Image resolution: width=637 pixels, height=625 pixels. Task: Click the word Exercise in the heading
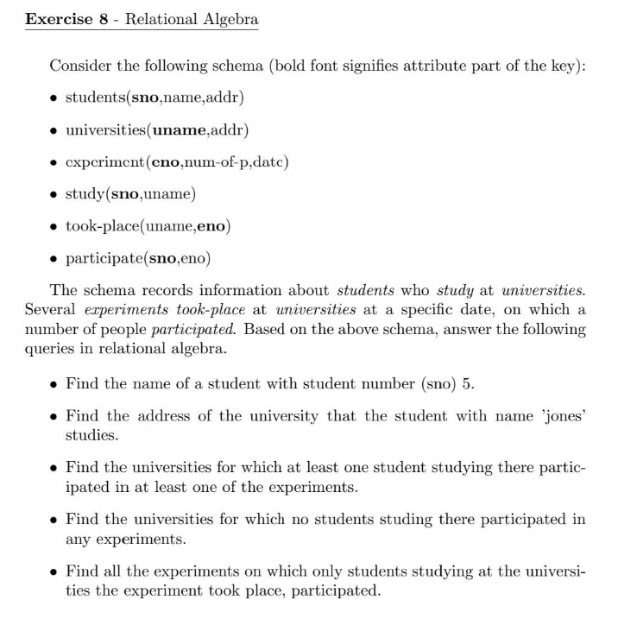58,19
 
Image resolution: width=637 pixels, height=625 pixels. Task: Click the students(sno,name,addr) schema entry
155,98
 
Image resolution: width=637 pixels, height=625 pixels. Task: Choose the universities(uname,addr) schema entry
158,130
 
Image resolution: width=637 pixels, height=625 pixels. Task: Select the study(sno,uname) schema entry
130,194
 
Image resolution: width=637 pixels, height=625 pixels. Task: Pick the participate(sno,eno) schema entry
138,258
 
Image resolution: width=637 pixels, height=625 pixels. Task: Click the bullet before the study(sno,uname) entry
54,194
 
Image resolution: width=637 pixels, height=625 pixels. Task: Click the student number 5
468,384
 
